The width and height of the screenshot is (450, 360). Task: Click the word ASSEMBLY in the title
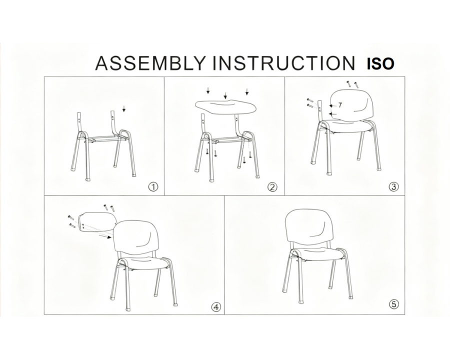150,63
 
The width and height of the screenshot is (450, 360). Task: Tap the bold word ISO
380,64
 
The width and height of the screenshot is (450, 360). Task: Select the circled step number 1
153,187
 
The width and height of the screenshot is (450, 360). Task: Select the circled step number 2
272,187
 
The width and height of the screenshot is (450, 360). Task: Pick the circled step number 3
394,187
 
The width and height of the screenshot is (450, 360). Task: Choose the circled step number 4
216,307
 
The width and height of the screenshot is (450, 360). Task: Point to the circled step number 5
394,304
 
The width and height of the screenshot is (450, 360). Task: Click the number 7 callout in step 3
340,105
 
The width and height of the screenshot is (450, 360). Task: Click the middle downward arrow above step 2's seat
226,95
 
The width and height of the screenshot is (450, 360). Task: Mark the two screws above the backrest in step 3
352,83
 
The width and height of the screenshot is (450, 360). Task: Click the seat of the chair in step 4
142,263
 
